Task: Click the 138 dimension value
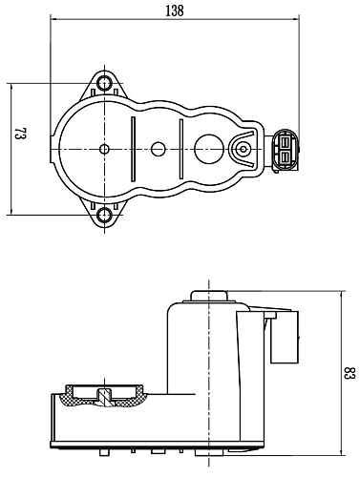click(175, 10)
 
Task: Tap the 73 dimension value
click(21, 134)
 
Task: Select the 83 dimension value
click(349, 373)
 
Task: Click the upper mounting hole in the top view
click(104, 84)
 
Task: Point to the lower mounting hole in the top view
click(104, 215)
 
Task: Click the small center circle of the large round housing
click(104, 149)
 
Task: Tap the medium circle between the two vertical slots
click(159, 149)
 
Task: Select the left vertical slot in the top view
click(134, 149)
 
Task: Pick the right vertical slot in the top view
click(181, 149)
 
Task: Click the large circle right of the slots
click(209, 149)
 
